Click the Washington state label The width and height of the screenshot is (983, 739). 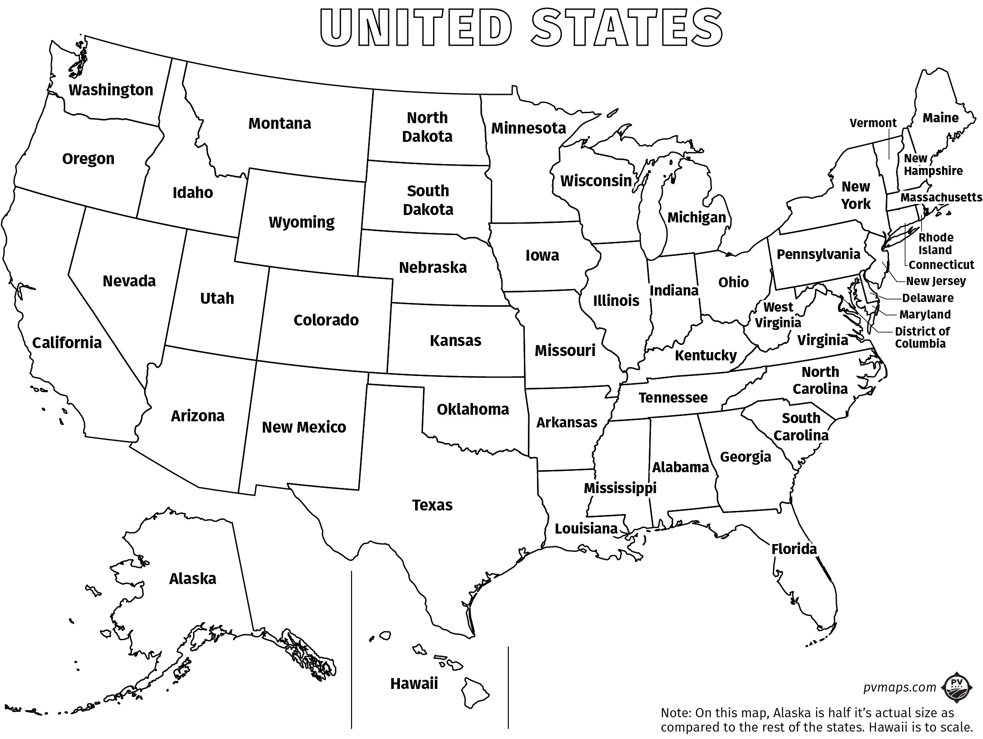(111, 90)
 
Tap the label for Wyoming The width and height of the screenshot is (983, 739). (301, 222)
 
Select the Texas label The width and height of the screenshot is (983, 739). (432, 505)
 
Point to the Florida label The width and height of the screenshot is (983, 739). (794, 549)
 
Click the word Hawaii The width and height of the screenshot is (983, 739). (414, 683)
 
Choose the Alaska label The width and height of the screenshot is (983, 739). (192, 578)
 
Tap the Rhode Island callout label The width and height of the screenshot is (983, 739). (936, 244)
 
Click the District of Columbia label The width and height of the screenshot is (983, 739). (922, 337)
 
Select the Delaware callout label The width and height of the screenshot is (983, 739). (927, 298)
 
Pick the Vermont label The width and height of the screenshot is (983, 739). (873, 123)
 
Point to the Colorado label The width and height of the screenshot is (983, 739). (326, 320)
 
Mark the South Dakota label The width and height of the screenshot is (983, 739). (428, 200)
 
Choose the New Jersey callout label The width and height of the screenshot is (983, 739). (936, 281)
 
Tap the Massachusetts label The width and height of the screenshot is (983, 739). (941, 197)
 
